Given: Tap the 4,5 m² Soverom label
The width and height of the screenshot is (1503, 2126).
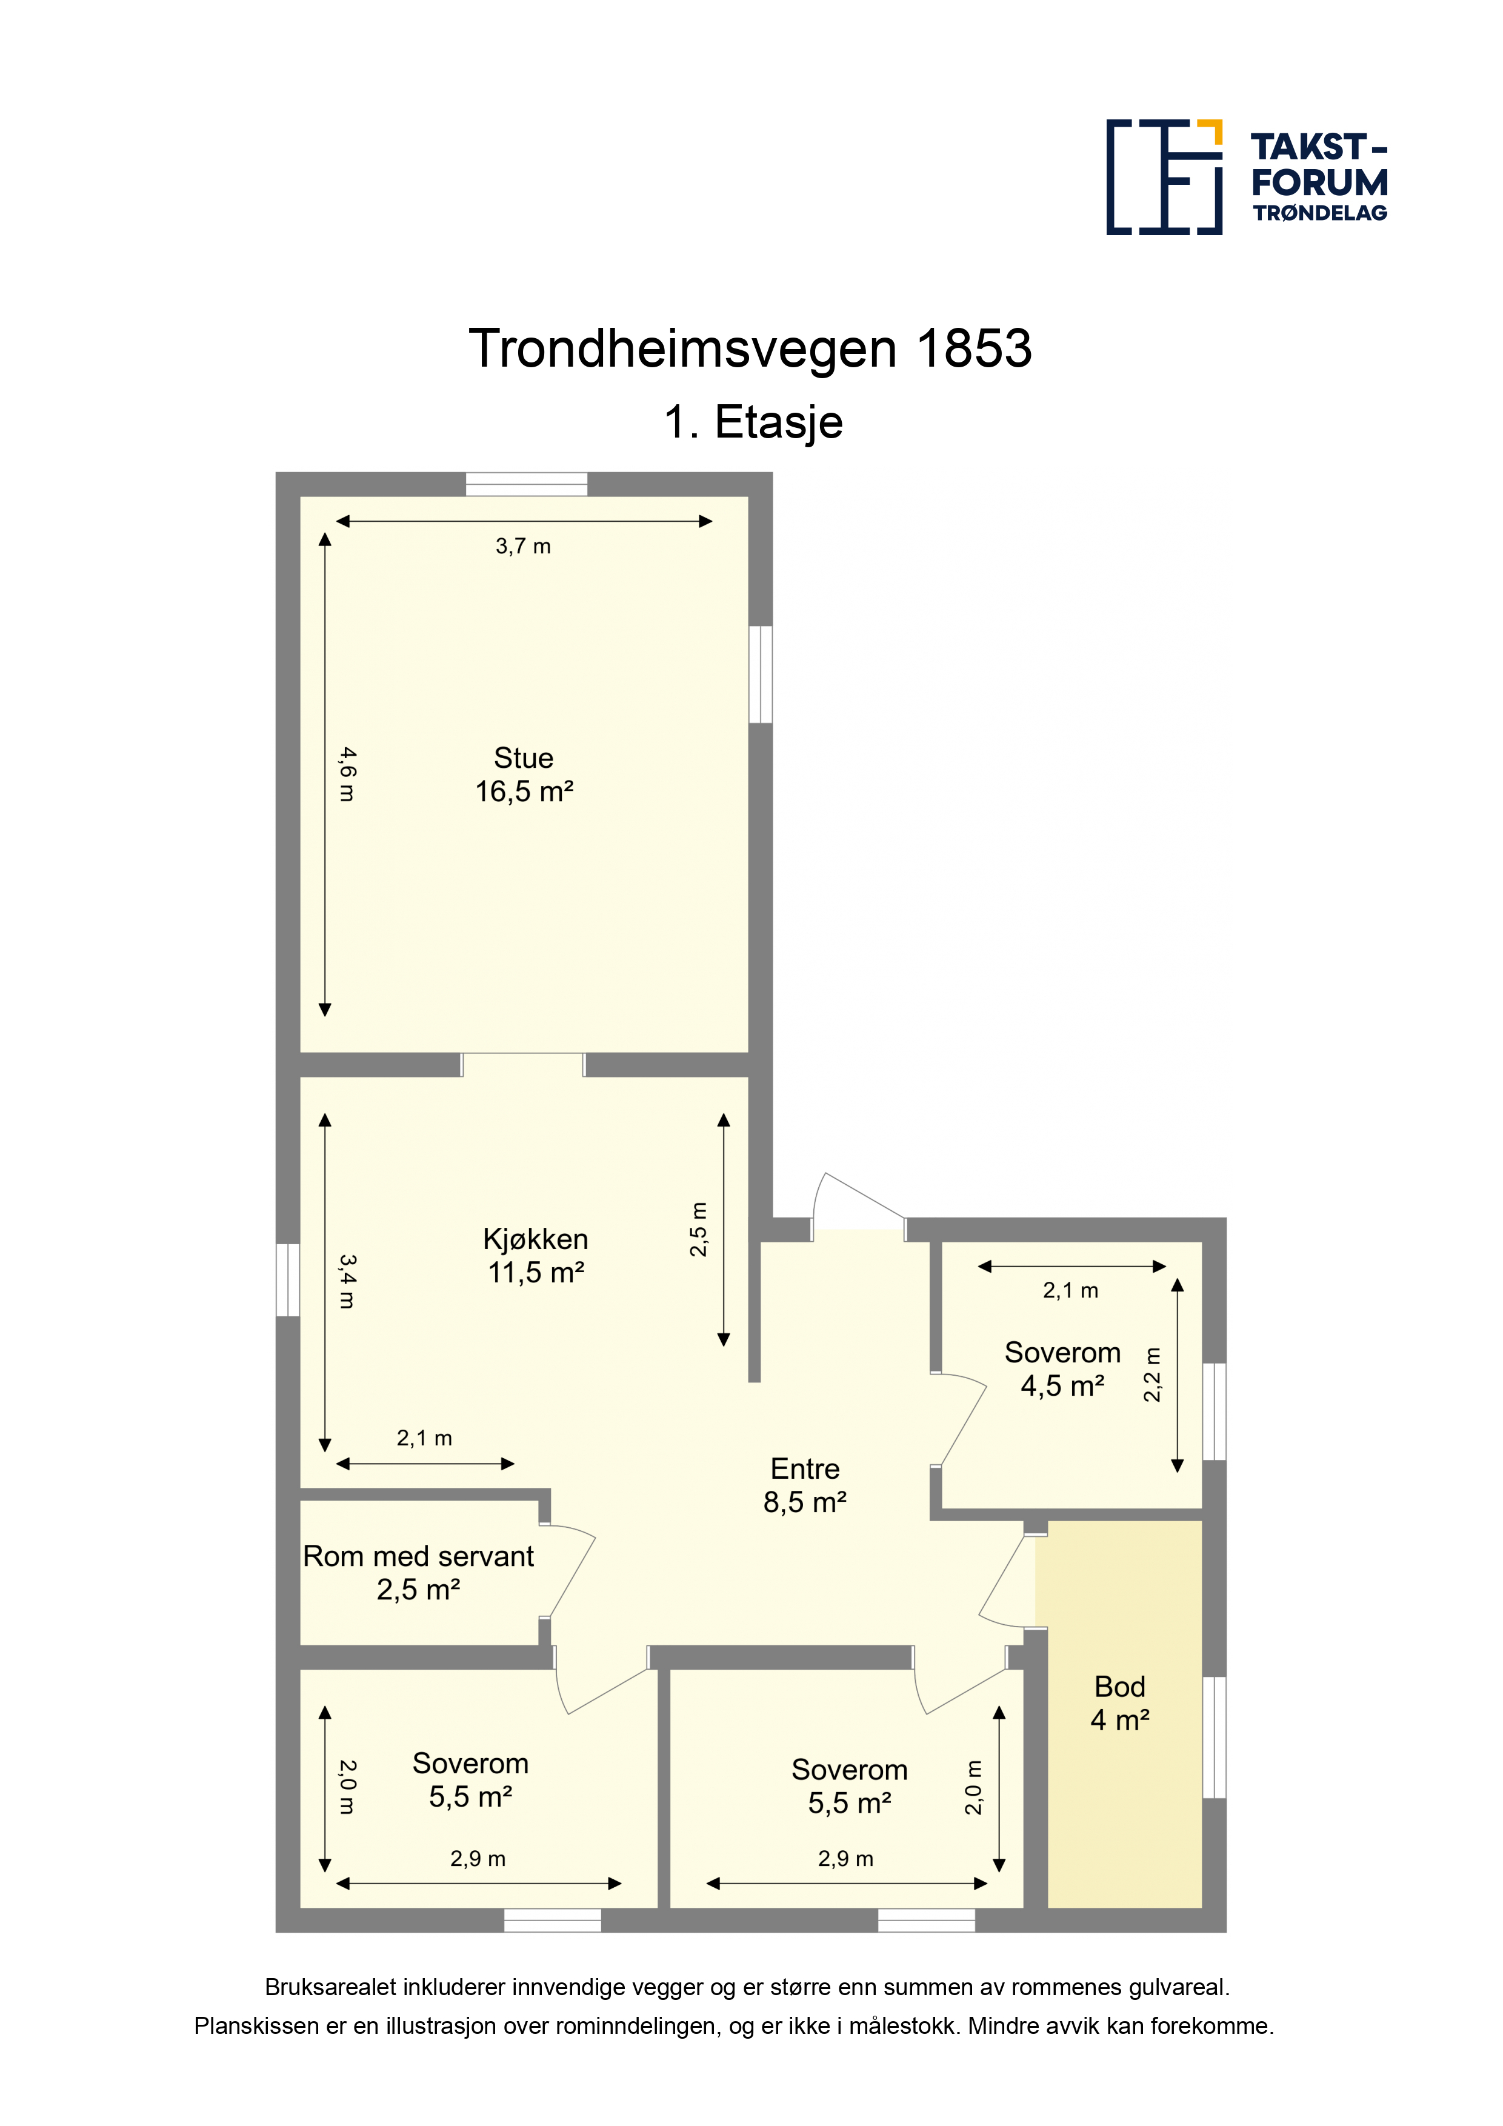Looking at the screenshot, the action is [1062, 1368].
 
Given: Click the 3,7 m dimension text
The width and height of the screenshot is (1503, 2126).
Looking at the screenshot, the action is [523, 546].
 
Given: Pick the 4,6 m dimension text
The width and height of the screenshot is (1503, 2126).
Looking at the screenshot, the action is [346, 774].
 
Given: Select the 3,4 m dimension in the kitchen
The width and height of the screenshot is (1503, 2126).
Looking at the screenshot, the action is [346, 1282].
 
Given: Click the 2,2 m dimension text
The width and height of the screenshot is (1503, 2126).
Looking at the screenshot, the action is [1152, 1375].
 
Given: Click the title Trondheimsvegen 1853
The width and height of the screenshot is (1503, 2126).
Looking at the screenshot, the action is [750, 348].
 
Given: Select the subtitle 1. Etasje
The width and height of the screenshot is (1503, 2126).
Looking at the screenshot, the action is [753, 422].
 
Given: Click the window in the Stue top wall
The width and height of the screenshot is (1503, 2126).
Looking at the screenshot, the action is [526, 484].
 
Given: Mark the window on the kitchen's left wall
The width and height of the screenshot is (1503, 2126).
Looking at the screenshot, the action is [288, 1280].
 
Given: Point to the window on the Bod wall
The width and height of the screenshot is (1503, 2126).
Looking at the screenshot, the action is [1214, 1738].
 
